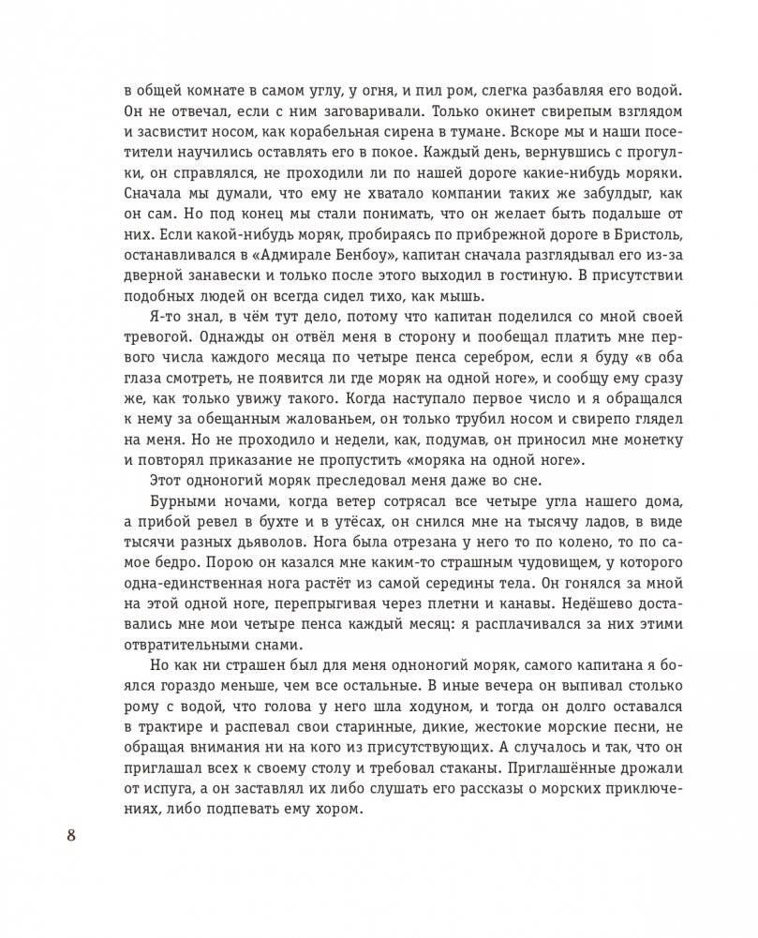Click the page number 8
click(x=71, y=833)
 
